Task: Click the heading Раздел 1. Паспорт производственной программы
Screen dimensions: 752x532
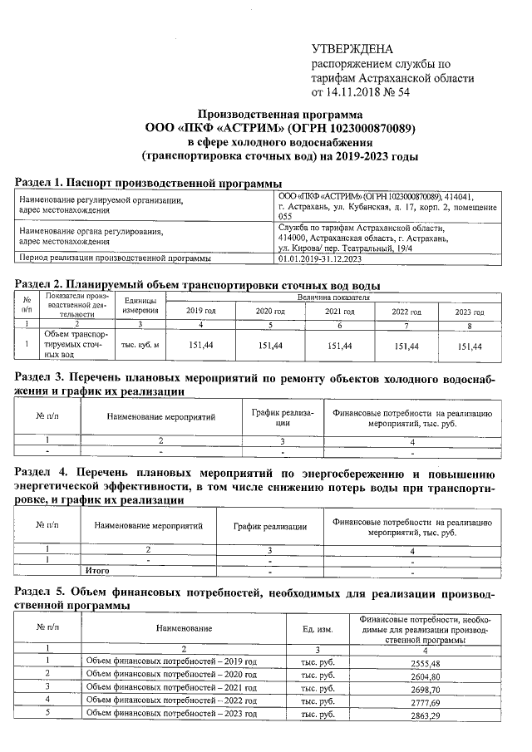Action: pyautogui.click(x=150, y=182)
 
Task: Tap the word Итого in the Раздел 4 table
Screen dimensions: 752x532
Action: pyautogui.click(x=97, y=571)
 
